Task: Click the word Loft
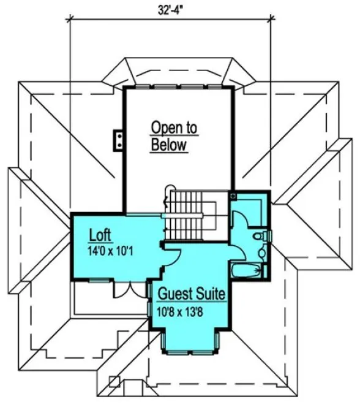tap(100, 235)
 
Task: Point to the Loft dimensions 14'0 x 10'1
tap(113, 249)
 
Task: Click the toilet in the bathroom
tap(259, 237)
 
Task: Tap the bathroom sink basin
tap(261, 251)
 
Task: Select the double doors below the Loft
tap(124, 290)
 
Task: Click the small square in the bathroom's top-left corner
tap(234, 196)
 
